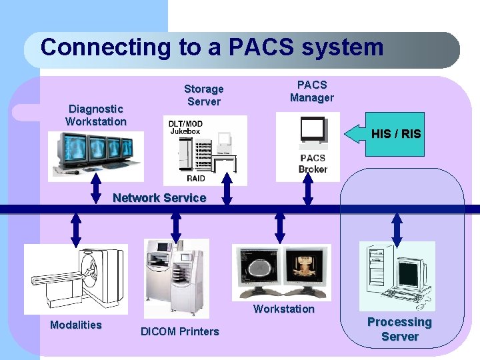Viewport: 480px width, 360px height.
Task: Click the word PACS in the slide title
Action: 261,47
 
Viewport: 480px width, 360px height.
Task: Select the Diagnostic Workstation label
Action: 96,115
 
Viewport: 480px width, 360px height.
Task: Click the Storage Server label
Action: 204,95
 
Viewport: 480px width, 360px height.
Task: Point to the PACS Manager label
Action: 312,91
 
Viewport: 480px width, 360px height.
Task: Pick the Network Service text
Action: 159,198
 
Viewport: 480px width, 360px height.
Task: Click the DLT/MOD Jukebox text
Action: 185,127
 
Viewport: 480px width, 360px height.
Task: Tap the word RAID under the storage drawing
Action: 196,179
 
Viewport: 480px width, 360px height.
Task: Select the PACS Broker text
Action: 313,163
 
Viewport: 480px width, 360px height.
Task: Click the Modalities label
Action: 76,325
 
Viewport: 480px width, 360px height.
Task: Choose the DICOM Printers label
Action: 180,331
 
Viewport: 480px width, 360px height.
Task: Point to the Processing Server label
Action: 400,329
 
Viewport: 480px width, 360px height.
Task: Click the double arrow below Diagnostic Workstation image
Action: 96,189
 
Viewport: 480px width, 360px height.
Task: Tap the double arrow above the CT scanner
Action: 76,231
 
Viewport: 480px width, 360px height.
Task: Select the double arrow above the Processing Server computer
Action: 397,231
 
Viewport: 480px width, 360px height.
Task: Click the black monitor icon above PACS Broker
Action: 313,130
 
